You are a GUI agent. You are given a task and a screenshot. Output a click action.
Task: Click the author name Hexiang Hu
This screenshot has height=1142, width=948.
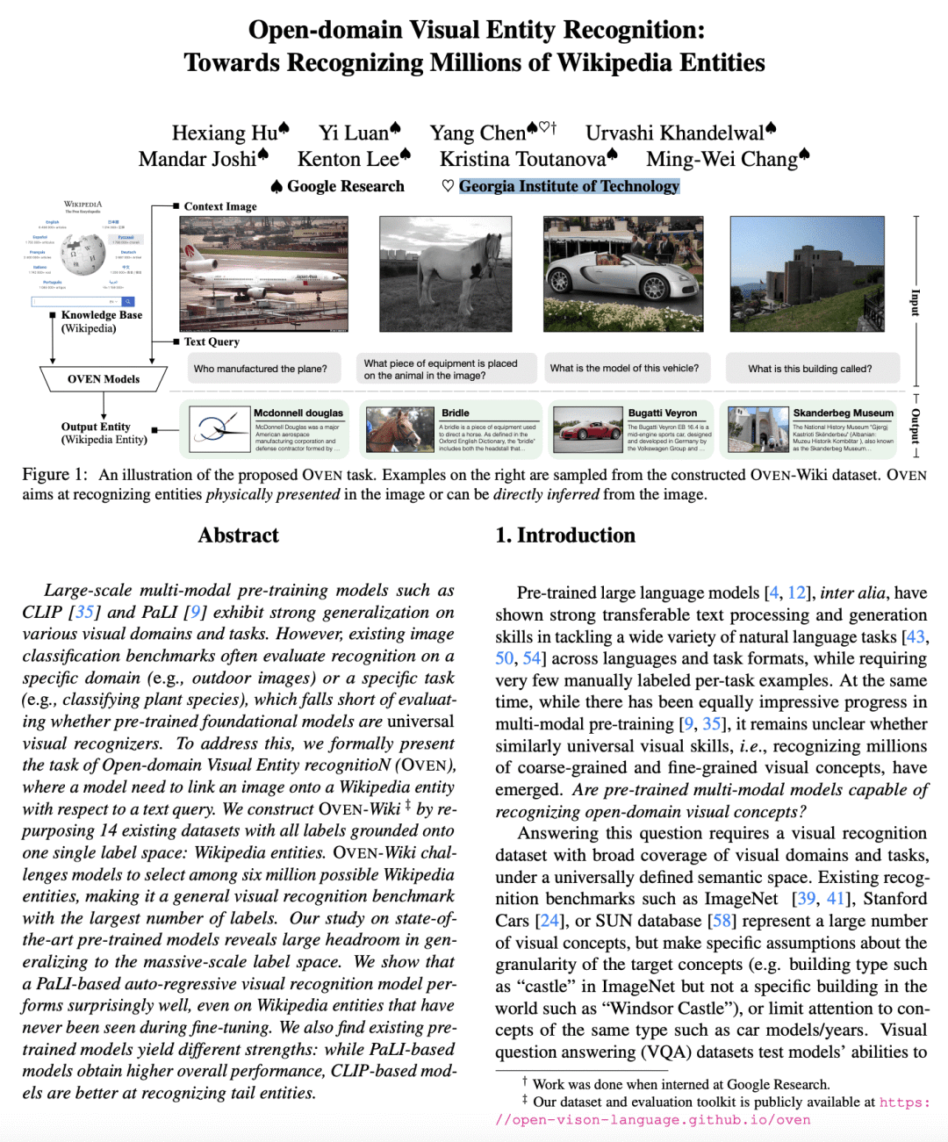pyautogui.click(x=225, y=133)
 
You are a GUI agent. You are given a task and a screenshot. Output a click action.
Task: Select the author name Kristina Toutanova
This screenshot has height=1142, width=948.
pyautogui.click(x=522, y=160)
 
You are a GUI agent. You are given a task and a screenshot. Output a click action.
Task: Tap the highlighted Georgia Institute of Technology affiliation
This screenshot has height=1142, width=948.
pyautogui.click(x=569, y=186)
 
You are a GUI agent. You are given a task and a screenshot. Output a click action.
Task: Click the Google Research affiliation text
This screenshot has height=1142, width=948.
pyautogui.click(x=345, y=186)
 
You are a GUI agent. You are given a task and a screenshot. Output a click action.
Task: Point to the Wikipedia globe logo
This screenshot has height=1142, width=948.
pyautogui.click(x=83, y=255)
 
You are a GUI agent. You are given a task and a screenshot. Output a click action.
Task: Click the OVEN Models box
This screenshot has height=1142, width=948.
pyautogui.click(x=104, y=379)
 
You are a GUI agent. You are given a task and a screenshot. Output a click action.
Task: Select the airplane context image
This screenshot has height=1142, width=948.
pyautogui.click(x=263, y=273)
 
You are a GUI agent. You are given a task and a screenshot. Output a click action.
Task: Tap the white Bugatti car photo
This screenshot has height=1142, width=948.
pyautogui.click(x=623, y=273)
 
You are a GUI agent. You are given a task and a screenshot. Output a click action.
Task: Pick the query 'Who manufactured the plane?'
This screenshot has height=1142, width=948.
pyautogui.click(x=260, y=369)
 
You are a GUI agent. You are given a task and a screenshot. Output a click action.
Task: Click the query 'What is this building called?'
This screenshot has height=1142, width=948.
pyautogui.click(x=809, y=369)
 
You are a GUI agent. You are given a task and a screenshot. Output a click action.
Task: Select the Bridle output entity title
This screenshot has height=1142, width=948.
pyautogui.click(x=456, y=413)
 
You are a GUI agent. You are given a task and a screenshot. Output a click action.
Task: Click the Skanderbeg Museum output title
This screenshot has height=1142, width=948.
pyautogui.click(x=843, y=413)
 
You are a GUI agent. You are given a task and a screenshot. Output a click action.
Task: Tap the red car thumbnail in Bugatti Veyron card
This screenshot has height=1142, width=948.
pyautogui.click(x=588, y=429)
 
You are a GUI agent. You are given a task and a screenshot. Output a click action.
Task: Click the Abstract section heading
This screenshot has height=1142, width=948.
pyautogui.click(x=238, y=535)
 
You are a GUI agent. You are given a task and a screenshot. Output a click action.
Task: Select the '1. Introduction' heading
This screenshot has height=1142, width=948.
pyautogui.click(x=565, y=535)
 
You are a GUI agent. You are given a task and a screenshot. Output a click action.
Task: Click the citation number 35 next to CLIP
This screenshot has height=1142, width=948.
pyautogui.click(x=84, y=612)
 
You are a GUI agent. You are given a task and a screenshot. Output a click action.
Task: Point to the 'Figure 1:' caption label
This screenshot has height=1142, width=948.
pyautogui.click(x=54, y=475)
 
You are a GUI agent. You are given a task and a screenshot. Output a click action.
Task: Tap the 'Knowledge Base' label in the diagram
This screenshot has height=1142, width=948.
pyautogui.click(x=101, y=315)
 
